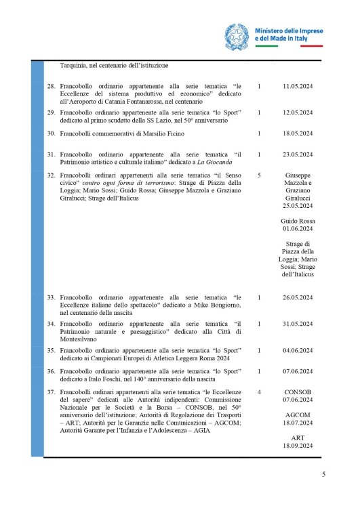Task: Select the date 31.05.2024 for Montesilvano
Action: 297,324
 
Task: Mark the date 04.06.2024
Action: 297,350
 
